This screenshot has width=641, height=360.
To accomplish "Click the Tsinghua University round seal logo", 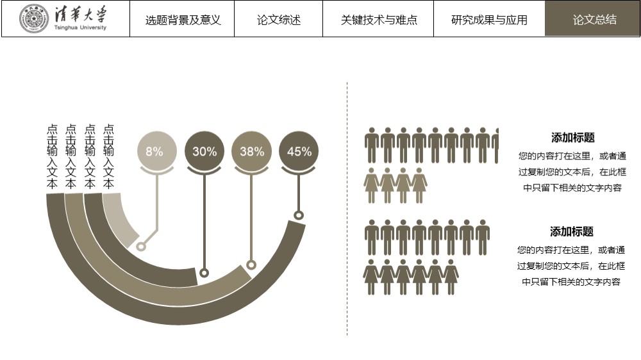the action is (34, 19).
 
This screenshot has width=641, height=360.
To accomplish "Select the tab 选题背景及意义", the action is (182, 20).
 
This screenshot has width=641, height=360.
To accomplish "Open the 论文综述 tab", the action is (279, 20).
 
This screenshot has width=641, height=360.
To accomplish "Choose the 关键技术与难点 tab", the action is (379, 20).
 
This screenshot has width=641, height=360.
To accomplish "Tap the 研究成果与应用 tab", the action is (489, 20).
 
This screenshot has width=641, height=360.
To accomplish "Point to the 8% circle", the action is (156, 151).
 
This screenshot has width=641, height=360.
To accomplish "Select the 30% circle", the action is (204, 151).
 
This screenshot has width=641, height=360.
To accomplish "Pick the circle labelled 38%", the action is (251, 151).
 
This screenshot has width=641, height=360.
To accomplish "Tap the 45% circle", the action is (299, 151).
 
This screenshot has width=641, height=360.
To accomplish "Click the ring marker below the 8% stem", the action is (141, 247).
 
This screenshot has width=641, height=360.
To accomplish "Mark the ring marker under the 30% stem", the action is (204, 272).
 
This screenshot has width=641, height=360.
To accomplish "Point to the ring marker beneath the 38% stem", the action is (251, 265).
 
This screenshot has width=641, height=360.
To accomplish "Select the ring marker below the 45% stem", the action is (299, 215).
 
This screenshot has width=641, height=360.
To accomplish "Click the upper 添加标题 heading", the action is (572, 138).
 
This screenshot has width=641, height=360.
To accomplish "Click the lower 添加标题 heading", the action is (572, 232).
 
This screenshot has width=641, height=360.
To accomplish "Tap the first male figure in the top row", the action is (372, 145).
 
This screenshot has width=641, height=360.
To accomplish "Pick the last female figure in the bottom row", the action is (451, 277).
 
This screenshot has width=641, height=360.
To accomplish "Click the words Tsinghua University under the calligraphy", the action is (80, 28).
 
